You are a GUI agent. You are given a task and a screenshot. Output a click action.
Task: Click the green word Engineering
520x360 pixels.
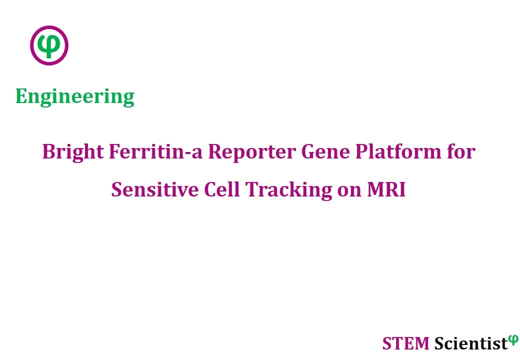click(75, 97)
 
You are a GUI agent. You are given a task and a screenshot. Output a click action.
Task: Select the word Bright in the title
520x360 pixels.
click(73, 152)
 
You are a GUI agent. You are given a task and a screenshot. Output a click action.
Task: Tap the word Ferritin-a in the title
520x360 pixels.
click(155, 151)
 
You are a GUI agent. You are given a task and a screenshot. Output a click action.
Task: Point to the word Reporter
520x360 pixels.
click(252, 152)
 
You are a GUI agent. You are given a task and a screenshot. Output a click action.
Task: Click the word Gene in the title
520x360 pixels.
click(325, 151)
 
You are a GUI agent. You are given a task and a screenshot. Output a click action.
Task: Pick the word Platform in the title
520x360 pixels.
click(398, 152)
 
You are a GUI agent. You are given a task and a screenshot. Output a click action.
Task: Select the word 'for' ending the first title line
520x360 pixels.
click(461, 151)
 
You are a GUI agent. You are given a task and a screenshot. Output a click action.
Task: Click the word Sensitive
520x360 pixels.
click(155, 189)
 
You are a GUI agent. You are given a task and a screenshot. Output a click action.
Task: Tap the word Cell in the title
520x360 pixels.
click(221, 189)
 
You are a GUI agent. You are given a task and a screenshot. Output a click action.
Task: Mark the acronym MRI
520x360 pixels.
click(386, 189)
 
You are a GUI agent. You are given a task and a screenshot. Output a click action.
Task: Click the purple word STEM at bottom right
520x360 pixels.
click(405, 343)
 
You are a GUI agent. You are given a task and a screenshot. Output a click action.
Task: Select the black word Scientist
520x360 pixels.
click(471, 343)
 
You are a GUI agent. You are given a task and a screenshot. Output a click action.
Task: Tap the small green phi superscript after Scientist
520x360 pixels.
click(513, 339)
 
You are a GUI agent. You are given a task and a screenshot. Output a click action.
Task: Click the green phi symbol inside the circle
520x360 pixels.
click(49, 46)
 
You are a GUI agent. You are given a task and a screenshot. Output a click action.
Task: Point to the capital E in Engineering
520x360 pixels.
click(21, 96)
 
